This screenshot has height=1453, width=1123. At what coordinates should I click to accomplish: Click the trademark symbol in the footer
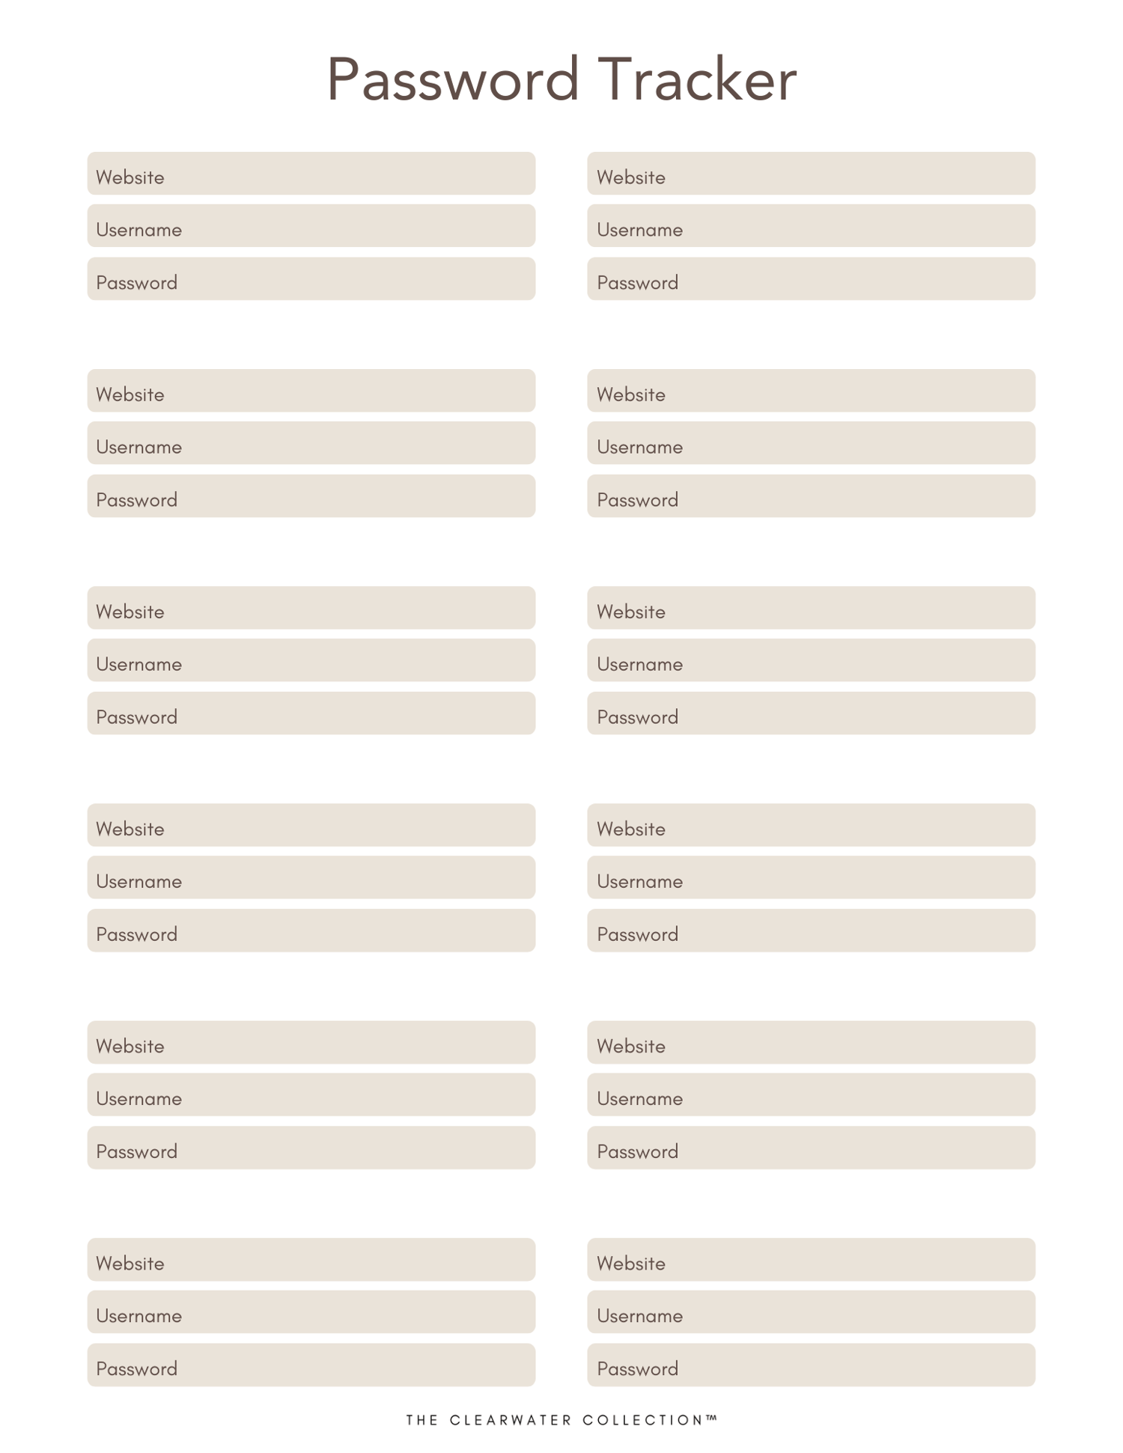(711, 1417)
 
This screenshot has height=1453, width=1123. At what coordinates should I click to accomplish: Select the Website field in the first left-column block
(311, 174)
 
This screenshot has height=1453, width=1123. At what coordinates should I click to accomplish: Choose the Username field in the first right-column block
(811, 226)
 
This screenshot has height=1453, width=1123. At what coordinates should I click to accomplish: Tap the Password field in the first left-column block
(311, 279)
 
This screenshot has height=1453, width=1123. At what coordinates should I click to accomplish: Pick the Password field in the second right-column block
(811, 496)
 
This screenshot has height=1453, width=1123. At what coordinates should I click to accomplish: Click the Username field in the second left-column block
(311, 443)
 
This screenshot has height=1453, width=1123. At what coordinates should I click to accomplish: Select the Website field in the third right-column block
(811, 608)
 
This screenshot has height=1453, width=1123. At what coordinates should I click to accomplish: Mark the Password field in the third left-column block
(311, 713)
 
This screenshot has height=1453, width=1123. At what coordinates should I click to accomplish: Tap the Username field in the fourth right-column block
(811, 877)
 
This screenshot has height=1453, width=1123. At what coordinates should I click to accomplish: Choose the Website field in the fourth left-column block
(311, 825)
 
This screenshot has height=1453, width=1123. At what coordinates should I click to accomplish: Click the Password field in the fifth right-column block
(811, 1148)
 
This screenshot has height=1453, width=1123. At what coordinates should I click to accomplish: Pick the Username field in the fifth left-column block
(311, 1094)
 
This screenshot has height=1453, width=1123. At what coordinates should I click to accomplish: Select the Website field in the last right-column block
(811, 1259)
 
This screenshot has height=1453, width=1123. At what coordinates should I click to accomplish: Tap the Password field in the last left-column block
(311, 1365)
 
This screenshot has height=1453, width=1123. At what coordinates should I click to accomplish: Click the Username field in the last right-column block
(811, 1312)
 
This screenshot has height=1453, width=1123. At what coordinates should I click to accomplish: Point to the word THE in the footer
(422, 1420)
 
